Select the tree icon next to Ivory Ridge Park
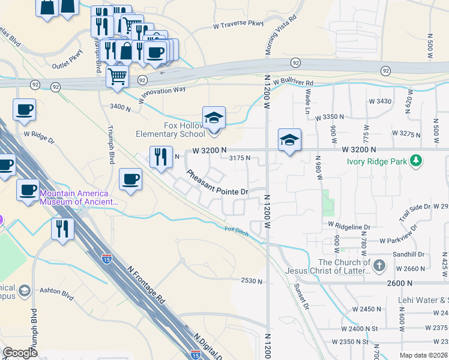coord(415,160)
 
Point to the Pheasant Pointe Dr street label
coord(217,183)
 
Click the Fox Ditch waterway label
coord(236,230)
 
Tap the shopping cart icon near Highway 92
coord(117,76)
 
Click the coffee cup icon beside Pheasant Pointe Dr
coord(130,178)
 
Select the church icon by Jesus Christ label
coord(379,265)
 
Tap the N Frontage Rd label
coord(146,284)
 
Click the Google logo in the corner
coord(20,353)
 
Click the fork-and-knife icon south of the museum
coord(62,229)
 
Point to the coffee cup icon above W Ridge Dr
coord(24,109)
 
